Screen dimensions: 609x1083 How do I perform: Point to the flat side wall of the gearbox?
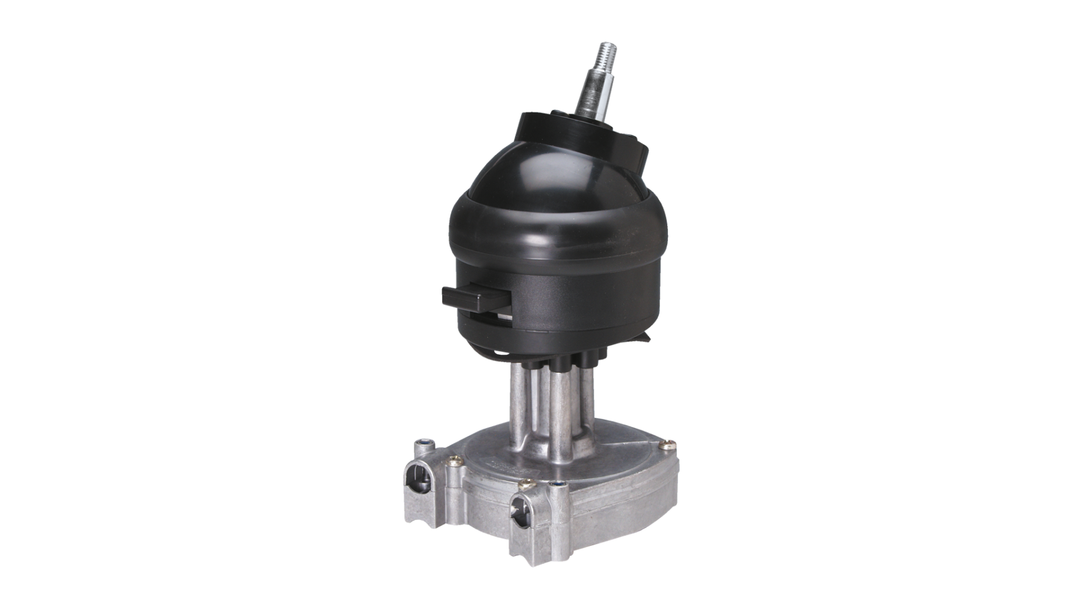tap(614, 502)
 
